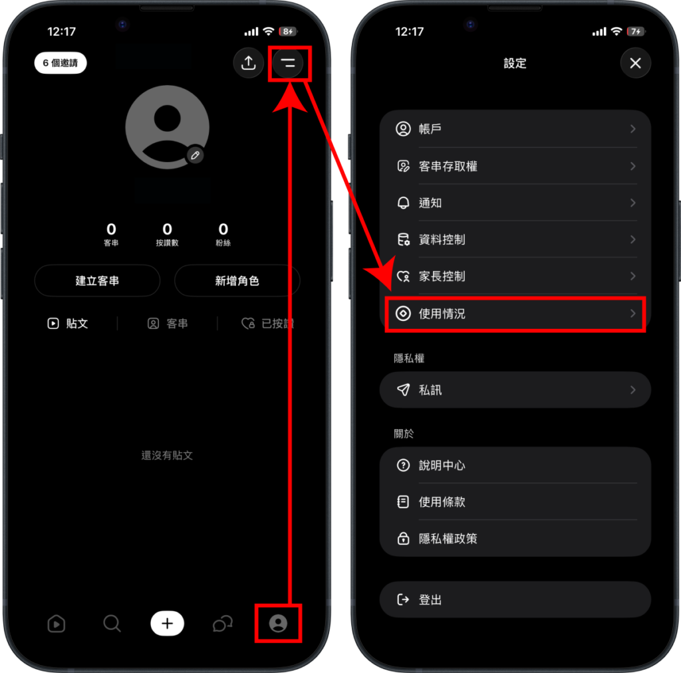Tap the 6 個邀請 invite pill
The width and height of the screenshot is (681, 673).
[61, 63]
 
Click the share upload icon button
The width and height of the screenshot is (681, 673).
[249, 63]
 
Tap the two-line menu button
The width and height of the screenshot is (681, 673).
[288, 63]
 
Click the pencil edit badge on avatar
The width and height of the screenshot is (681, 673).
[195, 155]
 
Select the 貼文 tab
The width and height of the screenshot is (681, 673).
[68, 324]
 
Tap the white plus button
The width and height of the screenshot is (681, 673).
[167, 624]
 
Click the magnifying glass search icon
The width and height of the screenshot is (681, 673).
[112, 624]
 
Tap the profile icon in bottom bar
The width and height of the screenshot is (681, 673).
[278, 624]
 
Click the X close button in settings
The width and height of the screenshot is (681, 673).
[635, 63]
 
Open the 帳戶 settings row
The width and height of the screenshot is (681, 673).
[515, 129]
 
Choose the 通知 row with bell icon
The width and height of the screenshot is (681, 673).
[515, 203]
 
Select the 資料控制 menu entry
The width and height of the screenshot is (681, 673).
[515, 240]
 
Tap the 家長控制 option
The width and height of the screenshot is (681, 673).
[515, 276]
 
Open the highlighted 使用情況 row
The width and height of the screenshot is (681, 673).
[515, 314]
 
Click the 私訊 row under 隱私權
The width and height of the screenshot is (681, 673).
[515, 390]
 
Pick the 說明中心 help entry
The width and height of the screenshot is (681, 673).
[515, 465]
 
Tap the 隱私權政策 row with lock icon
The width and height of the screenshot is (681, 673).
[515, 539]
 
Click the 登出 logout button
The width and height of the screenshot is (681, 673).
[515, 600]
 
